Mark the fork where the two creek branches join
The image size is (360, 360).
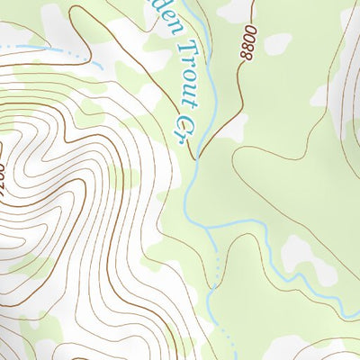208,229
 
